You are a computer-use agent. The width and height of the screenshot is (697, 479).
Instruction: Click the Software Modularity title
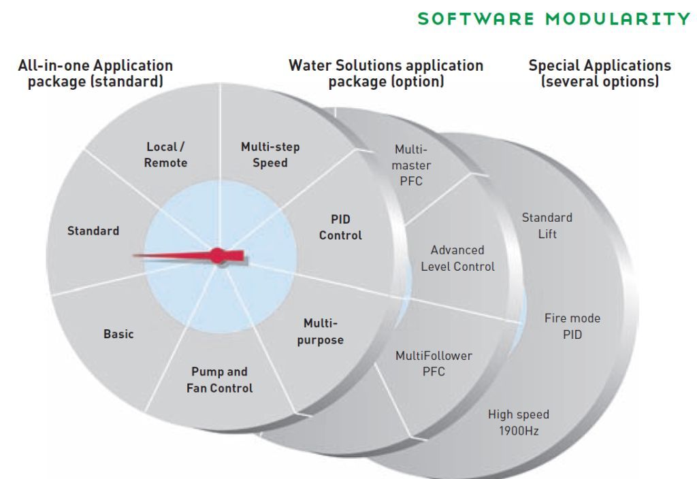tap(554, 18)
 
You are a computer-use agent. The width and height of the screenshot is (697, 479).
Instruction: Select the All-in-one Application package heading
tap(95, 73)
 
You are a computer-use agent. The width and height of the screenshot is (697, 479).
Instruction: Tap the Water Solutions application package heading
tap(386, 73)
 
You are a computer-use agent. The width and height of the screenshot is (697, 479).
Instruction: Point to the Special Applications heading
tap(600, 73)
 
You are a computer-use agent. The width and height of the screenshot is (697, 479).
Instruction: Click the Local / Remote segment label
tap(165, 155)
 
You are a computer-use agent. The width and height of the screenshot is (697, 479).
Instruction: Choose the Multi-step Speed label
tap(270, 155)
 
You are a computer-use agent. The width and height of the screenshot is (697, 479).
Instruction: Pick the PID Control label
tap(340, 227)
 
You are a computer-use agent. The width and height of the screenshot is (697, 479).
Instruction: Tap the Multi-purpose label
tap(320, 331)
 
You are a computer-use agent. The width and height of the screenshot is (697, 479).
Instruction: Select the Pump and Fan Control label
tap(219, 380)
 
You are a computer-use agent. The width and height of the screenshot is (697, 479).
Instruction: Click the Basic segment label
tap(118, 334)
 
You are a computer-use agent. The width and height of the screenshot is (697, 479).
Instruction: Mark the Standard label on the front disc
tap(93, 231)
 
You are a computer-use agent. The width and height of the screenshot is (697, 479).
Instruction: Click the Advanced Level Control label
tap(457, 259)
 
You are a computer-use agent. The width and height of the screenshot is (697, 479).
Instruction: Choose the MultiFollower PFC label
tap(434, 363)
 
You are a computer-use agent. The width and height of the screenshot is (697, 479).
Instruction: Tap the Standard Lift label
tap(547, 226)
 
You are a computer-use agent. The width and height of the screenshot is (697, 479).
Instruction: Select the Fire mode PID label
tap(572, 327)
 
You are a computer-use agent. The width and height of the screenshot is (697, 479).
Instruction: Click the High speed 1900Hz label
tap(519, 423)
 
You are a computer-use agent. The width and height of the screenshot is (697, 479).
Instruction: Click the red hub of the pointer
tap(217, 256)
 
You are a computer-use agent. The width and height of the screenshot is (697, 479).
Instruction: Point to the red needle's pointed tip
tap(134, 256)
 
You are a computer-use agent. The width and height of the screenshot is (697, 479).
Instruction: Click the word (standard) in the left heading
tap(134, 82)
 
